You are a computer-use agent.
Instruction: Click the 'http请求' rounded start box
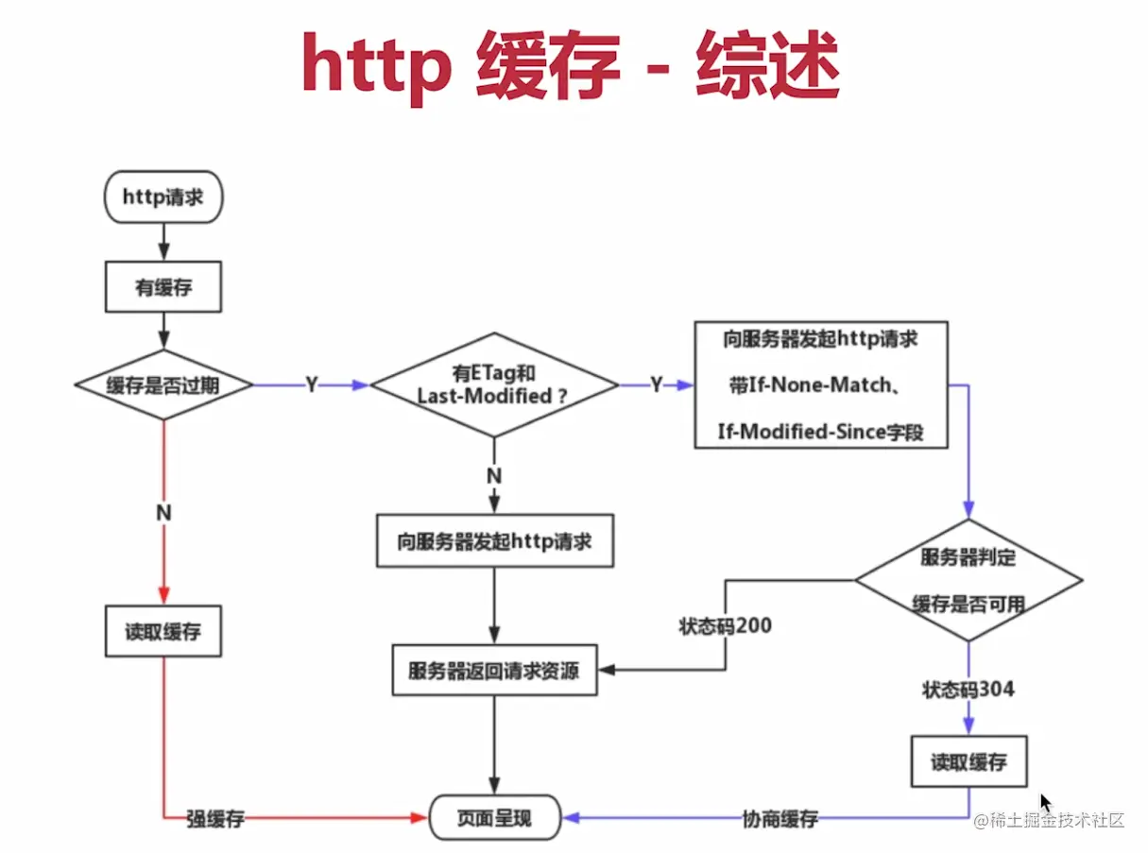click(x=163, y=196)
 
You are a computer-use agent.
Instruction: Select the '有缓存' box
click(x=163, y=287)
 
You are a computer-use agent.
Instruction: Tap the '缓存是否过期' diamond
click(x=163, y=385)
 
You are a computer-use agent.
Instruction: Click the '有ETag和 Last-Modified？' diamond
click(x=494, y=385)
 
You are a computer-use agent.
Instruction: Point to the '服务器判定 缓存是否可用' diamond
click(x=968, y=580)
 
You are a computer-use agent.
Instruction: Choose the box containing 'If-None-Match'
click(x=820, y=385)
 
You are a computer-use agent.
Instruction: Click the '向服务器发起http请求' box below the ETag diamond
click(x=494, y=541)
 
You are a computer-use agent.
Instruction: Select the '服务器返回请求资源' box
click(x=494, y=671)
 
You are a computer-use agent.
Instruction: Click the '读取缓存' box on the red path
click(x=163, y=632)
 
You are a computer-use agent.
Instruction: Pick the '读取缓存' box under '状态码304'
click(x=968, y=761)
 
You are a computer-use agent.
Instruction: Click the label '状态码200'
click(x=725, y=625)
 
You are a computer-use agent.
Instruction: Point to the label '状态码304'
click(x=968, y=690)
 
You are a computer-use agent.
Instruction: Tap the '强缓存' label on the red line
click(x=214, y=819)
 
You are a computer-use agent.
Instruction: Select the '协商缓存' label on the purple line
click(x=780, y=819)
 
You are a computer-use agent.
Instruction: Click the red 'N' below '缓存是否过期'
click(x=163, y=512)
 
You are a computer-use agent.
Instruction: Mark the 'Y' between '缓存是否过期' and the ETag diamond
click(x=311, y=385)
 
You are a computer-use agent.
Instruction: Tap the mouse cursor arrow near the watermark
click(x=1045, y=802)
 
